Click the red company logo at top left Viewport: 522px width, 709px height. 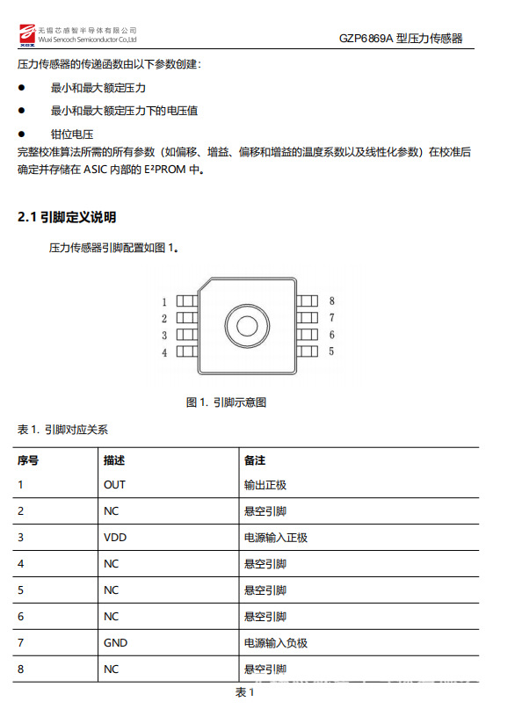tap(25, 34)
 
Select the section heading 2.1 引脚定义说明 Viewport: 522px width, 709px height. tap(67, 217)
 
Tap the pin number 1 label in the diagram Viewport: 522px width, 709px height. tap(164, 301)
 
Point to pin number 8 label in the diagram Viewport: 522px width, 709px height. tap(331, 300)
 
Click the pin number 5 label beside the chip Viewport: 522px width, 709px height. tap(331, 351)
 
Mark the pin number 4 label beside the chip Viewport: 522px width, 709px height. tap(164, 352)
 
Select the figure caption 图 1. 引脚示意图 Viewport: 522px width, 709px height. tap(226, 402)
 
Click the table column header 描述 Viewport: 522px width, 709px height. tap(114, 460)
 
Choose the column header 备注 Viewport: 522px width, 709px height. tap(255, 460)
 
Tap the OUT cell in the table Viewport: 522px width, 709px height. tap(114, 484)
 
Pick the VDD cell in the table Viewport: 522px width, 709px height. tap(114, 538)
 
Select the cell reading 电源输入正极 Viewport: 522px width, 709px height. tap(275, 538)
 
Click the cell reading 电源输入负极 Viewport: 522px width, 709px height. tap(275, 643)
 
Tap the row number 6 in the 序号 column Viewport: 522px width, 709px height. tap(20, 617)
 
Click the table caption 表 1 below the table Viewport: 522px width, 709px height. tap(244, 693)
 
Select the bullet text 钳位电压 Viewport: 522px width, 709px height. tap(72, 134)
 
